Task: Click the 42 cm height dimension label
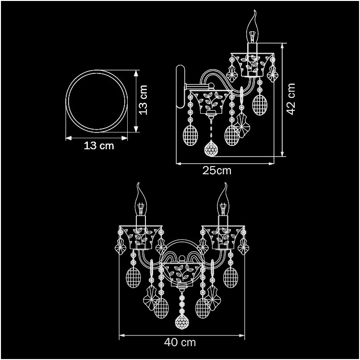[x=291, y=99]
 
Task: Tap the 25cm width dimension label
[x=217, y=170]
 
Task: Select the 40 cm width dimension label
[x=180, y=342]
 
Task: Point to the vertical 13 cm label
[x=143, y=100]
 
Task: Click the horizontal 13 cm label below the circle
[x=99, y=146]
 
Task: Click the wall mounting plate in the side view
[x=180, y=86]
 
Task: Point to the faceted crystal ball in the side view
[x=211, y=148]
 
